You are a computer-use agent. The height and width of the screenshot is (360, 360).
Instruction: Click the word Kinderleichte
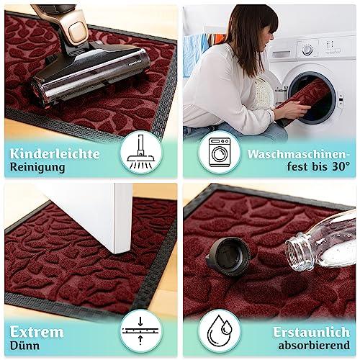pyautogui.click(x=55, y=153)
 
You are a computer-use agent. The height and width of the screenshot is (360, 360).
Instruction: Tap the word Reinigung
pyautogui.click(x=37, y=167)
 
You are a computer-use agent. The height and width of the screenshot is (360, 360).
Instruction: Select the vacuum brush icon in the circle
pyautogui.click(x=140, y=152)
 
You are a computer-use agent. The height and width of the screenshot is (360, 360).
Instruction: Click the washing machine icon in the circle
pyautogui.click(x=220, y=152)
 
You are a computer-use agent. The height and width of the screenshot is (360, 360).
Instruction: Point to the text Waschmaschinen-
pyautogui.click(x=299, y=154)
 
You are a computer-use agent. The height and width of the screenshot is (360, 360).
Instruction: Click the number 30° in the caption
pyautogui.click(x=341, y=166)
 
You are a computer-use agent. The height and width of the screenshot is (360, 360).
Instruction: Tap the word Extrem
pyautogui.click(x=37, y=332)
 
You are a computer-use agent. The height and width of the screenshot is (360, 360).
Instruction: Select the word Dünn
pyautogui.click(x=24, y=346)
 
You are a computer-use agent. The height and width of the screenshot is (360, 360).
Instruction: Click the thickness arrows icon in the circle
pyautogui.click(x=140, y=330)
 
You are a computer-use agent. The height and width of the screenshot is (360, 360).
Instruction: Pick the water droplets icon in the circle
pyautogui.click(x=220, y=330)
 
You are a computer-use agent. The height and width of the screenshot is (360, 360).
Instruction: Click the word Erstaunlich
pyautogui.click(x=311, y=332)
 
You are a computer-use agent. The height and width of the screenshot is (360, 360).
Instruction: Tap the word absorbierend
pyautogui.click(x=314, y=346)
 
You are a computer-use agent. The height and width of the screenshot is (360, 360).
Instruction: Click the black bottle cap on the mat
pyautogui.click(x=228, y=256)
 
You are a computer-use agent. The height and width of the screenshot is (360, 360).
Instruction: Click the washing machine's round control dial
pyautogui.click(x=307, y=50)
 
